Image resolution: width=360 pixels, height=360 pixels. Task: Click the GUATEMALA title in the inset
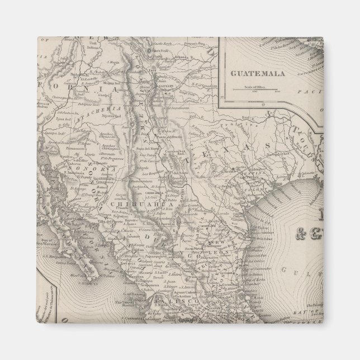257,73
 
